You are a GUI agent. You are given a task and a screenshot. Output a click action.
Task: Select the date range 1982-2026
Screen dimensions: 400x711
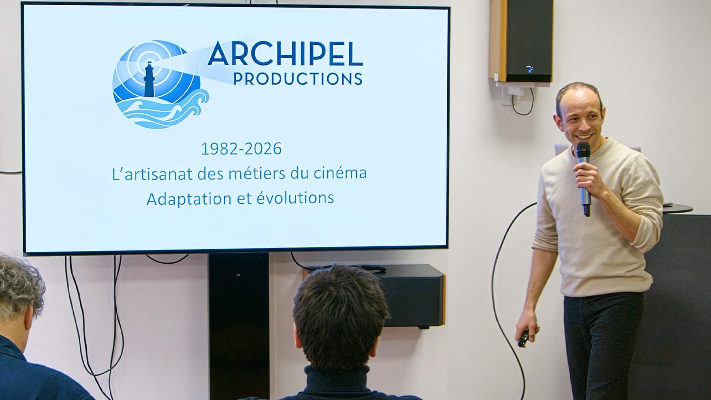tap(241, 149)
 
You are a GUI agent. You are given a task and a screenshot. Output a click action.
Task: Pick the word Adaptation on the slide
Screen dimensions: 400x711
tap(188, 199)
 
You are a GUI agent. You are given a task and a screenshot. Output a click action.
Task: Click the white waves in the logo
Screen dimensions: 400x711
tap(163, 111)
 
